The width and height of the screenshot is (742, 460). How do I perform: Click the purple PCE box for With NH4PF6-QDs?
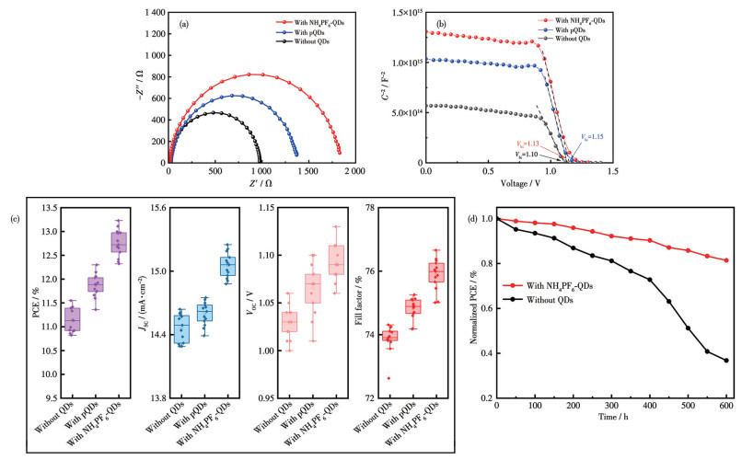[x=119, y=242]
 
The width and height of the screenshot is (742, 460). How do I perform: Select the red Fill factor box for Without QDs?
[x=389, y=336]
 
